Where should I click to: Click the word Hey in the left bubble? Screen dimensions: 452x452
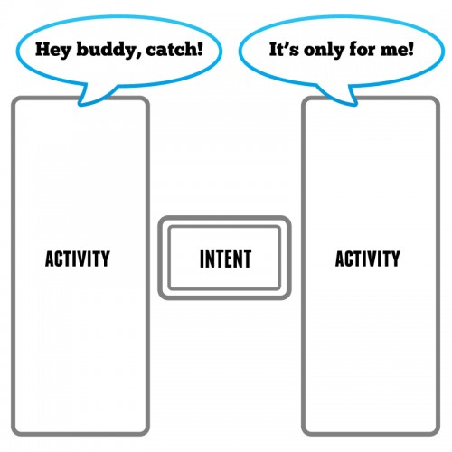pos(53,50)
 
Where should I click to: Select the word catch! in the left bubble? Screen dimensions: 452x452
pos(174,49)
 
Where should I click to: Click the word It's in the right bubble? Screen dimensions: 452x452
pos(284,49)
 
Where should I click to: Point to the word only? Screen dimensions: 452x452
pos(324,50)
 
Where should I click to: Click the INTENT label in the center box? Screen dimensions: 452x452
pos(226,259)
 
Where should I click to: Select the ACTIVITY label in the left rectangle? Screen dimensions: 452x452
pos(78,259)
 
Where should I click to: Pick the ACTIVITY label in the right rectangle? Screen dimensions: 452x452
pos(368,259)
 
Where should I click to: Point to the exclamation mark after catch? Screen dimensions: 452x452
pos(200,50)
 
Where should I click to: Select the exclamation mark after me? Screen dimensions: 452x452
pos(410,50)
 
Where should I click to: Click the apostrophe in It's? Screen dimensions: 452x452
pos(287,45)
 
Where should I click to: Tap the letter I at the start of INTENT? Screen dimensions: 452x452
pos(202,259)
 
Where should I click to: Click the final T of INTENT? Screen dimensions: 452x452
pos(247,259)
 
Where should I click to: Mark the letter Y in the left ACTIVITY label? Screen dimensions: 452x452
pos(105,259)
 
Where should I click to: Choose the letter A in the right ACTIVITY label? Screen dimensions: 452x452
pos(340,259)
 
